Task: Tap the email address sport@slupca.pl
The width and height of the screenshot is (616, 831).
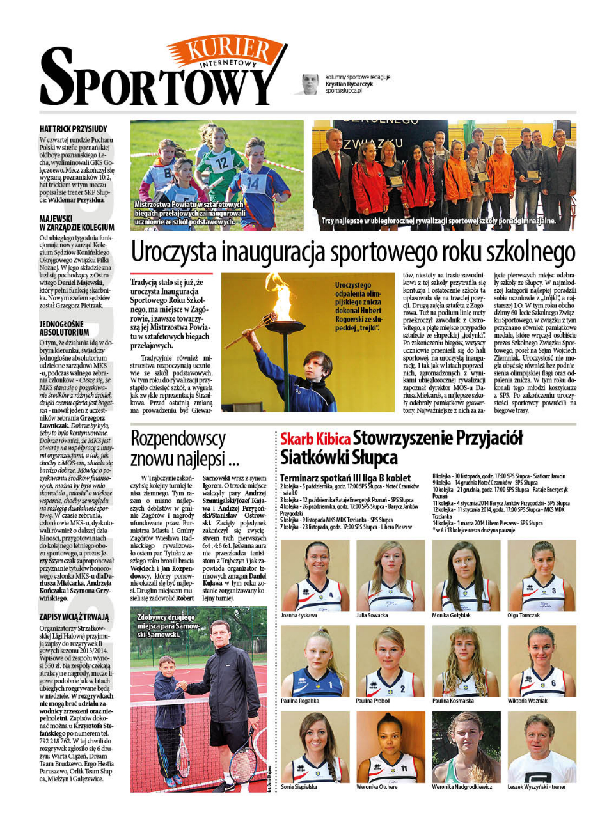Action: pyautogui.click(x=344, y=91)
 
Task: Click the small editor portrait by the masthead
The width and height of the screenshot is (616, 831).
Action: pyautogui.click(x=310, y=84)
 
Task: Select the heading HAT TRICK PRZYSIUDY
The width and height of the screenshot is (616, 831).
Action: pyautogui.click(x=73, y=129)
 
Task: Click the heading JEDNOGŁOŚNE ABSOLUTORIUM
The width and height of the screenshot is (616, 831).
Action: pyautogui.click(x=64, y=328)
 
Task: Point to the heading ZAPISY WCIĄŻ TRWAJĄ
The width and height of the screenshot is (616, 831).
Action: pyautogui.click(x=74, y=617)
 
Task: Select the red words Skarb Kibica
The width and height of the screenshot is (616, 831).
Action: pyautogui.click(x=315, y=439)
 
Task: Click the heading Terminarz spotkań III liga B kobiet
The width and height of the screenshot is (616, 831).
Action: pyautogui.click(x=345, y=478)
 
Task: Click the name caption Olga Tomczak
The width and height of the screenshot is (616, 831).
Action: pyautogui.click(x=524, y=616)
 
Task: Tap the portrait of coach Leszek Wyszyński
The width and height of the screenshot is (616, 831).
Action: pyautogui.click(x=541, y=747)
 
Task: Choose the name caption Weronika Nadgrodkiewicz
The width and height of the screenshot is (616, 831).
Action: pyautogui.click(x=462, y=787)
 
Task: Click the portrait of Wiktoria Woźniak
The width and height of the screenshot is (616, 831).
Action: pyautogui.click(x=541, y=661)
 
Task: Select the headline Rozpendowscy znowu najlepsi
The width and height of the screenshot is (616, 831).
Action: pyautogui.click(x=184, y=449)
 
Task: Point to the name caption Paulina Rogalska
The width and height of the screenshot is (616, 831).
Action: pyautogui.click(x=300, y=701)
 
